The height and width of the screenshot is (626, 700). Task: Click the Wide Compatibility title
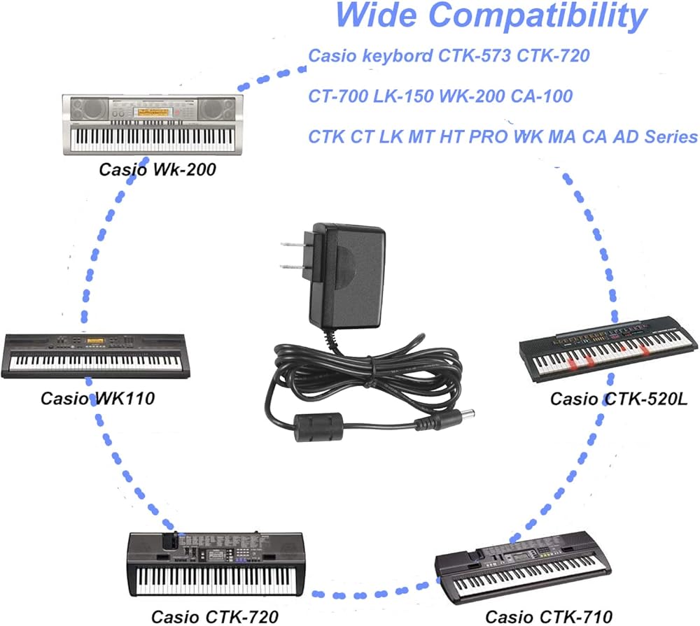click(491, 16)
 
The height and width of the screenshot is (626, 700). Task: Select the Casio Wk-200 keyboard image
click(153, 125)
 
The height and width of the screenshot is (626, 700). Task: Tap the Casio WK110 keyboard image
click(95, 355)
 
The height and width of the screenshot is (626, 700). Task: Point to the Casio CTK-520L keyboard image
click(609, 348)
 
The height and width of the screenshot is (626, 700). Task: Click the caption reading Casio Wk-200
click(157, 169)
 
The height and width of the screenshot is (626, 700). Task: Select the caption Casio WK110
click(97, 399)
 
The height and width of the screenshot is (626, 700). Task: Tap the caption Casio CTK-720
click(215, 617)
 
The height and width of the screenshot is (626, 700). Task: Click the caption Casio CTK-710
click(549, 617)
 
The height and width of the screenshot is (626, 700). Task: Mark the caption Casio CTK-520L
click(619, 399)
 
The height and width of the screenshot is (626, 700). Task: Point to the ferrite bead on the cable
click(318, 427)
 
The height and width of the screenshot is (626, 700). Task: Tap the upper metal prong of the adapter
click(293, 245)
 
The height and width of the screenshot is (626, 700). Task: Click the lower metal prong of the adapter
click(292, 266)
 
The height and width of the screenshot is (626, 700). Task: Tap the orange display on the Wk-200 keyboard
click(153, 111)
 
